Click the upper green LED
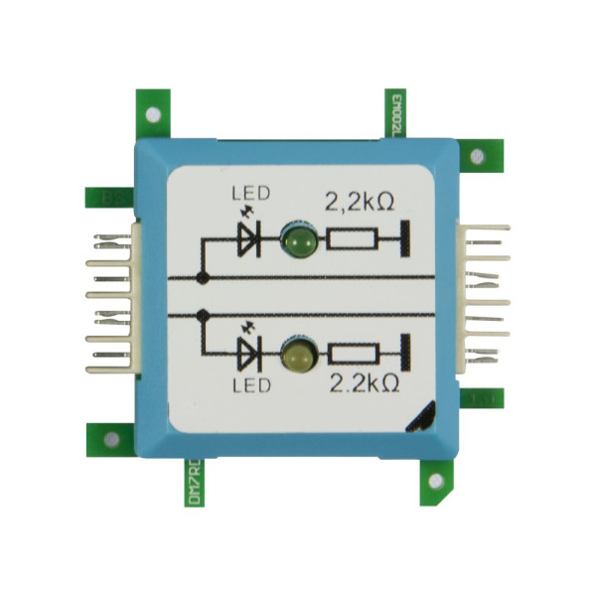click(x=298, y=239)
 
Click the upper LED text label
click(x=247, y=193)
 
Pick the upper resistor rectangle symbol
click(x=352, y=239)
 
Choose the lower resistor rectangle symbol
click(x=352, y=353)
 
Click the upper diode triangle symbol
click(x=248, y=239)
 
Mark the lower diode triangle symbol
click(x=248, y=353)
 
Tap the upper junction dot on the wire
click(x=203, y=276)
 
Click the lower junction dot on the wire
click(x=203, y=314)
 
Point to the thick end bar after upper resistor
click(x=404, y=239)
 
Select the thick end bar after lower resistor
click(x=404, y=353)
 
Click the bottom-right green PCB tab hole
click(x=434, y=481)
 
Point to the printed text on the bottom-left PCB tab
click(x=192, y=487)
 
